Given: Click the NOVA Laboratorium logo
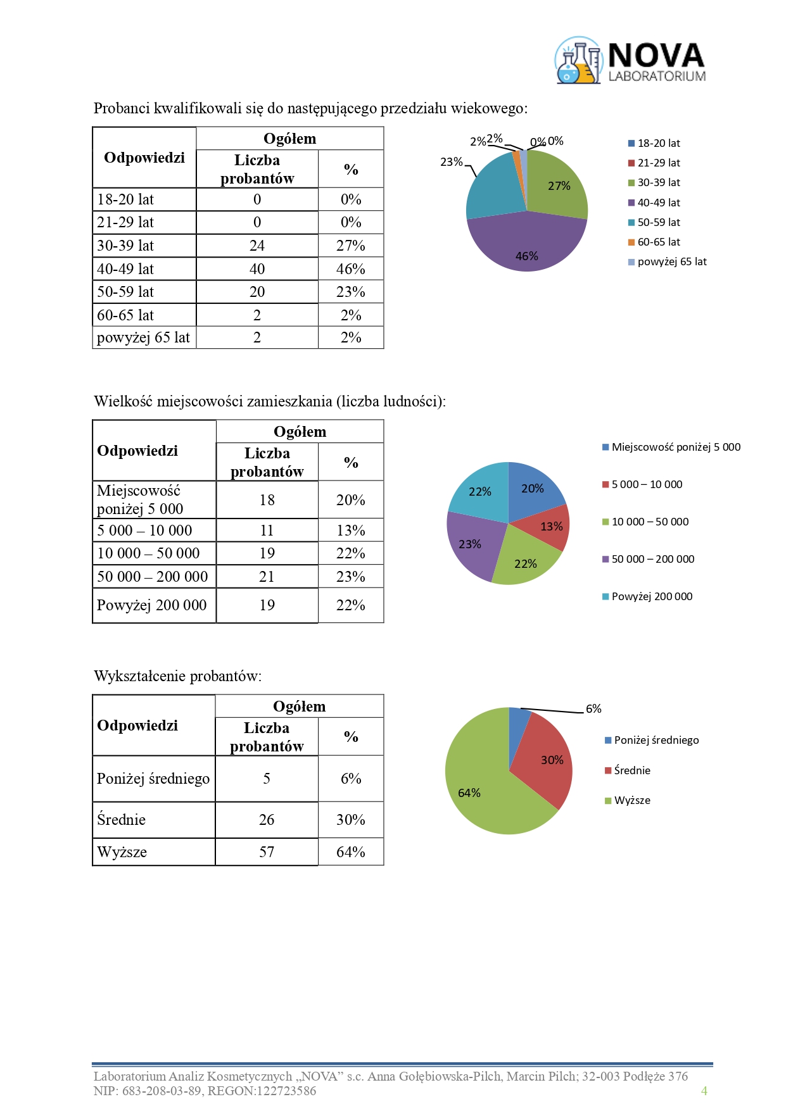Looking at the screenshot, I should (x=630, y=61).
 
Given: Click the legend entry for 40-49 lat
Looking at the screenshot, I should (x=658, y=203).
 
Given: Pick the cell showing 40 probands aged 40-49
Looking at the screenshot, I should (x=257, y=269).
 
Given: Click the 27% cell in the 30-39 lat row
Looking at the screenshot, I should (x=351, y=246).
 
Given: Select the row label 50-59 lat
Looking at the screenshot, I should (x=125, y=292).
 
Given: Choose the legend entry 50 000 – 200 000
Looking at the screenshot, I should (x=652, y=559).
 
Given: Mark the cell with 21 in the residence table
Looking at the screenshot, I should (x=267, y=577).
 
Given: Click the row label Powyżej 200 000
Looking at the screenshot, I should (x=152, y=605).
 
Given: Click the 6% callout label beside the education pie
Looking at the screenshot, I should (x=593, y=709).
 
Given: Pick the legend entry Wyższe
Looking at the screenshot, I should (x=631, y=800).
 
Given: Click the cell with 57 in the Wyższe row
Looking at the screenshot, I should (x=267, y=852).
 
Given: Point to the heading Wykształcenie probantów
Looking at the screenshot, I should (x=178, y=676).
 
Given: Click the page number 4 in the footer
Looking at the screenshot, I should (x=704, y=1091).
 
